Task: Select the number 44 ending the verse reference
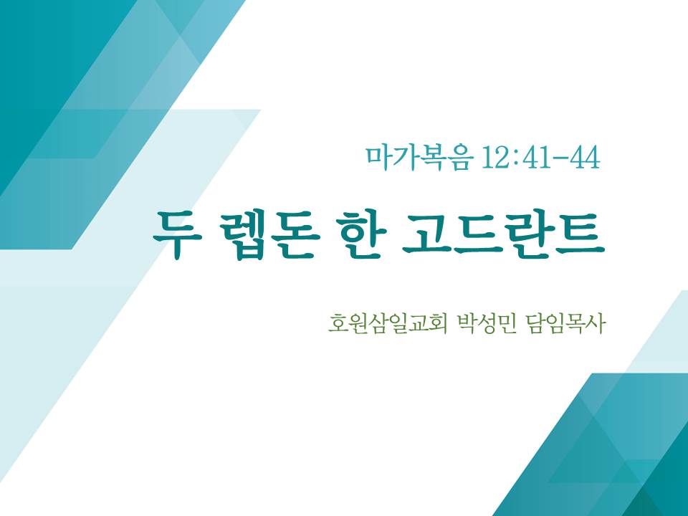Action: pyautogui.click(x=585, y=158)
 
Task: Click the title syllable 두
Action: pyautogui.click(x=177, y=235)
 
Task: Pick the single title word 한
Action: pyautogui.click(x=360, y=235)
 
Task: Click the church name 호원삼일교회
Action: pyautogui.click(x=387, y=324)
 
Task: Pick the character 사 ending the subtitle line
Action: pyautogui.click(x=596, y=324)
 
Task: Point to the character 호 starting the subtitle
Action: pyautogui.click(x=338, y=324)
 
